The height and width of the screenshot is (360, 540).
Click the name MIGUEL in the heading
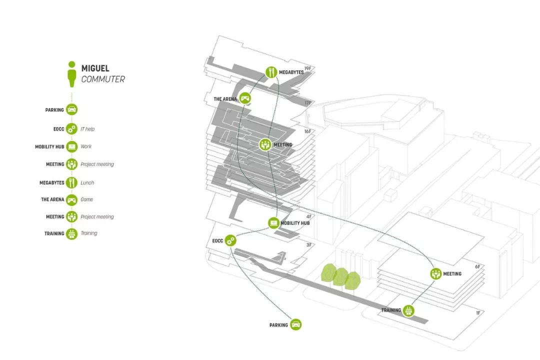tap(95, 68)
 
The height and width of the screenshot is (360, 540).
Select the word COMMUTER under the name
tap(103, 79)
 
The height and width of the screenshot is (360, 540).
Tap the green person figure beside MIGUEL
tap(72, 73)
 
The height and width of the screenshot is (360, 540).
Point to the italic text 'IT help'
tap(87, 129)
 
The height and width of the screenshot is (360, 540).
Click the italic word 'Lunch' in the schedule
tap(87, 182)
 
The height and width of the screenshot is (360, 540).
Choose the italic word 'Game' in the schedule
tap(86, 199)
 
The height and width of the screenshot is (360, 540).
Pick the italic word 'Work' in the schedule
tap(86, 146)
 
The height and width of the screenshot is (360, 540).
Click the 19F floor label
tap(308, 69)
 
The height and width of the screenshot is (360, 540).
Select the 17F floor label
tap(308, 103)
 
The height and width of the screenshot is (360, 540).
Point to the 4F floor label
tap(308, 217)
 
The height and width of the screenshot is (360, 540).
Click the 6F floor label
tap(477, 267)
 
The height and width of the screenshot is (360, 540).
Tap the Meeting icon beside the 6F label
tap(436, 273)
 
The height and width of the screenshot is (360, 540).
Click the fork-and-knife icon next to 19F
tap(271, 72)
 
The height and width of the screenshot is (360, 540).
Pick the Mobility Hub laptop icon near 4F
tap(273, 223)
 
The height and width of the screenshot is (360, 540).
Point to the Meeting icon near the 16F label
tap(265, 145)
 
